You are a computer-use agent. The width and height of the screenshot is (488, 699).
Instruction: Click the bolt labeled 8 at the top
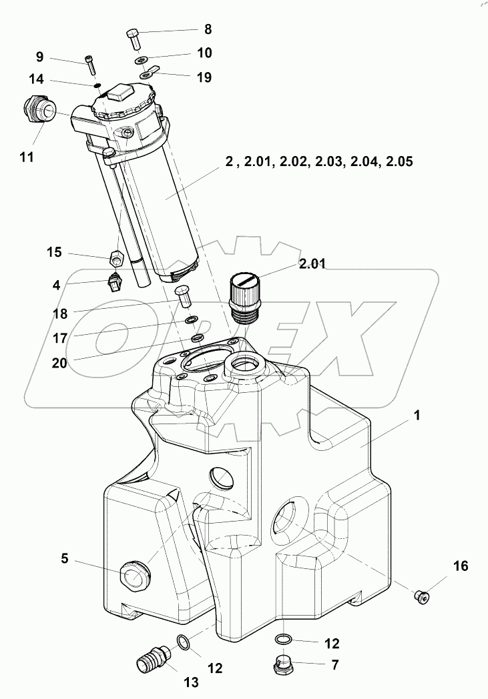click(x=134, y=37)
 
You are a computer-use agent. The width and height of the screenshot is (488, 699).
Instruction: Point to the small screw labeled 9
click(x=91, y=65)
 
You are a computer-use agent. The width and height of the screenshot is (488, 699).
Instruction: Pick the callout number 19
click(x=204, y=77)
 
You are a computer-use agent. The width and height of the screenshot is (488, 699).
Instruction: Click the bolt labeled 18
click(x=184, y=294)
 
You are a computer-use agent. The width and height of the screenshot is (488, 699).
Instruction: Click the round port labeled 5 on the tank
click(x=135, y=573)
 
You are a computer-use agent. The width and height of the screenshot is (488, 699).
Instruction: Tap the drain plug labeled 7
click(x=284, y=664)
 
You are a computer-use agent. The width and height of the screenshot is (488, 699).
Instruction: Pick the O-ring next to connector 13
click(x=183, y=642)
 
